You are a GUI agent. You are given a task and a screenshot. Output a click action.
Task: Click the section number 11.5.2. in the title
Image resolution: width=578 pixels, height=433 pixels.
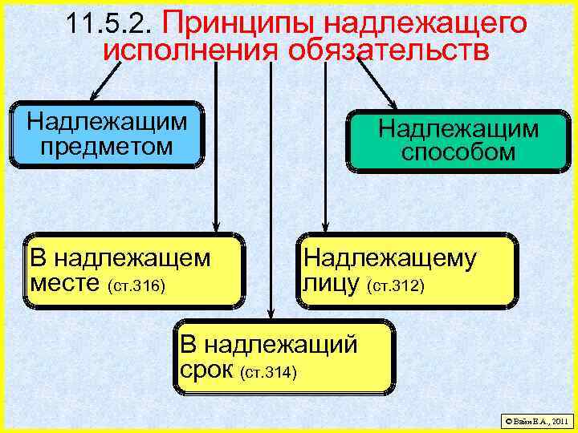click(112, 24)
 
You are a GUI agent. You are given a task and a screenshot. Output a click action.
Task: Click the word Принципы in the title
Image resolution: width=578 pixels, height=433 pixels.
click(227, 22)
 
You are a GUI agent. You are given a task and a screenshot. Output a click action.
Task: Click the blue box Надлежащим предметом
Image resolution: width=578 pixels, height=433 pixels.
click(107, 134)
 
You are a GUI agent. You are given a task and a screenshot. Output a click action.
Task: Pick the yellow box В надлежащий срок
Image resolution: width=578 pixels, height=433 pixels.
click(284, 358)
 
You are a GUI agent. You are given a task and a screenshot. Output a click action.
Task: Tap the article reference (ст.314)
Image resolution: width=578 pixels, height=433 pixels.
click(268, 373)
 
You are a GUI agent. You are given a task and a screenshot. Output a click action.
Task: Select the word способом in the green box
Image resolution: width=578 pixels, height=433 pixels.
click(458, 152)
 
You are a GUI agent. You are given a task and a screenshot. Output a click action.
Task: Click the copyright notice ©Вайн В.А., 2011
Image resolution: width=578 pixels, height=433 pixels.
click(535, 420)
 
